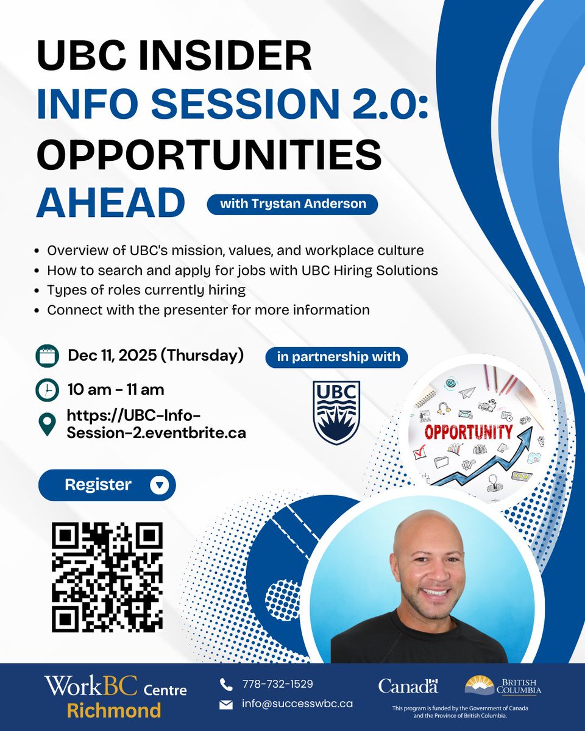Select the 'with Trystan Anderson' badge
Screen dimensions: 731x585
pos(292,204)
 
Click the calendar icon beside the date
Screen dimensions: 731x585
pos(46,355)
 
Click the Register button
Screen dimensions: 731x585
pos(107,485)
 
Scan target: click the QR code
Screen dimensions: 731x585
pos(107,577)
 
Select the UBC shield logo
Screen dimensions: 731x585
pos(336,412)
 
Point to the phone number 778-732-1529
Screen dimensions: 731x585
pos(278,684)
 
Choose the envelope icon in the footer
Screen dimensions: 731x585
pos(226,704)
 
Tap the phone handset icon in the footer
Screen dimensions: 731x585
pos(226,685)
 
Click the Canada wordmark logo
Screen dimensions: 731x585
pos(408,686)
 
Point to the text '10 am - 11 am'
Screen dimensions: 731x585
pos(116,389)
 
